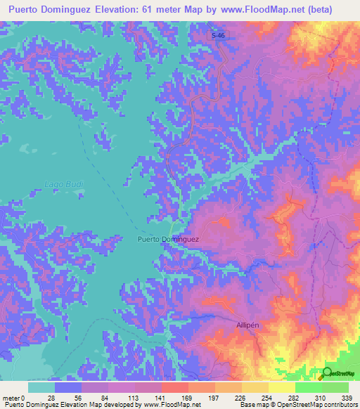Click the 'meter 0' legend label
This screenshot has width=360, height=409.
coord(13,398)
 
